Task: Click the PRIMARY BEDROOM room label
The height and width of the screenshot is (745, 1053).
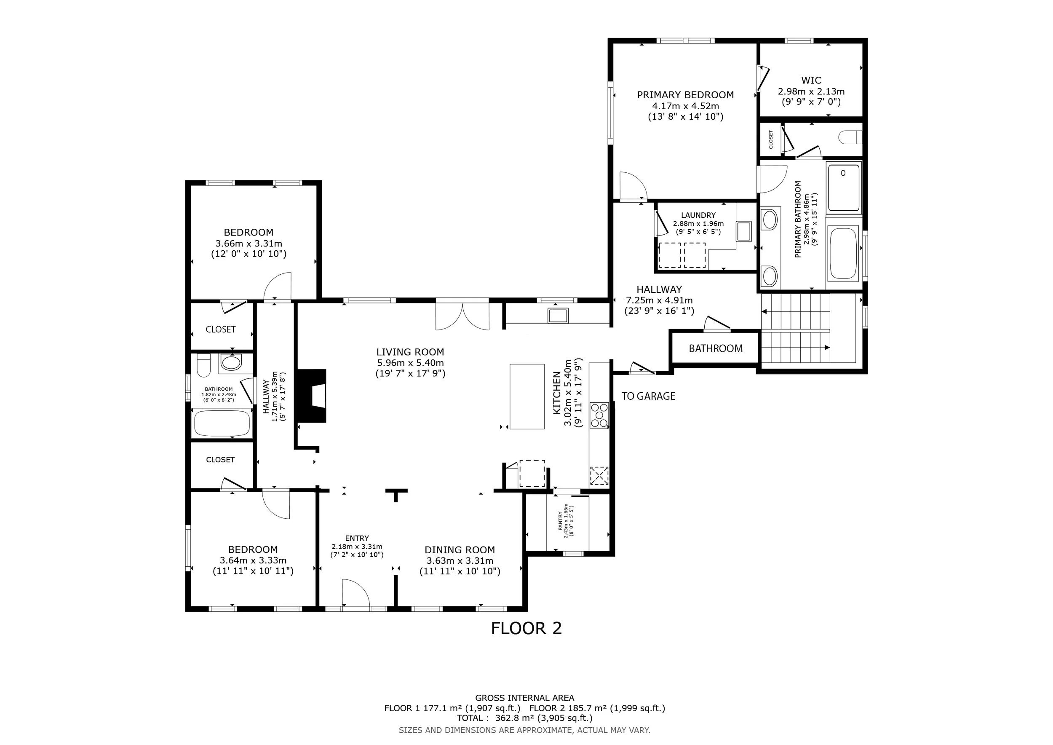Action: (x=685, y=95)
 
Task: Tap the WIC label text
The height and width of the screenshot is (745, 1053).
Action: (x=811, y=80)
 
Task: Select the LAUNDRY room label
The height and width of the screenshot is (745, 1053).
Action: (x=698, y=215)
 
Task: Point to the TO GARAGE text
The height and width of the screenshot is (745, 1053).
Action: (x=648, y=396)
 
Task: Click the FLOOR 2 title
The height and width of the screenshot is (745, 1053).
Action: (x=526, y=628)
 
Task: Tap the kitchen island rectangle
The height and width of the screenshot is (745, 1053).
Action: (x=527, y=397)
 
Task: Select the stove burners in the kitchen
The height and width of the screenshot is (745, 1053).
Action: (x=599, y=415)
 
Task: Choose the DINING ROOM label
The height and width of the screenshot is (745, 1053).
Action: (x=460, y=550)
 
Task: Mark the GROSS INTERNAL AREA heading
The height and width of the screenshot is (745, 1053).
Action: (x=525, y=698)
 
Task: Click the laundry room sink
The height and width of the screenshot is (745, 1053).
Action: (x=744, y=231)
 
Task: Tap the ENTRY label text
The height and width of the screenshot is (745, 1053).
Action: (x=357, y=538)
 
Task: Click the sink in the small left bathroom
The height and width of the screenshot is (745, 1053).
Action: (x=231, y=362)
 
